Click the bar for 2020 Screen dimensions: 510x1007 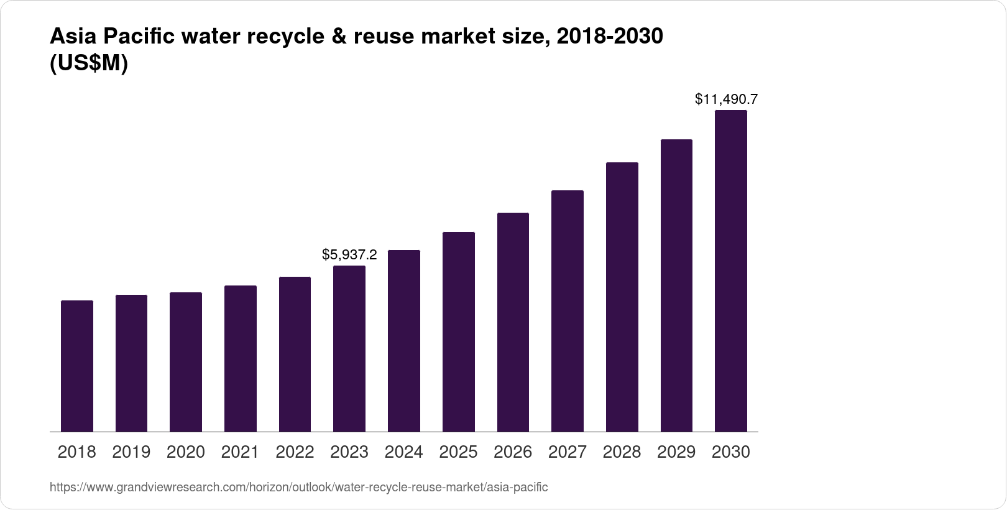[x=186, y=362]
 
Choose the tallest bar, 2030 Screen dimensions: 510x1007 [x=731, y=271]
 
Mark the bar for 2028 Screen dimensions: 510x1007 [x=622, y=297]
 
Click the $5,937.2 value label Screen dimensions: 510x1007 [x=349, y=254]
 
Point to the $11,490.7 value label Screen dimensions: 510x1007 [x=726, y=99]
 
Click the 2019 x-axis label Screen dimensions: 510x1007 [x=131, y=452]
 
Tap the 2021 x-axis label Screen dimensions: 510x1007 [x=240, y=452]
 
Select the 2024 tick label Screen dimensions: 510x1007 [x=403, y=452]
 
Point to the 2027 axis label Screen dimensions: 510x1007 [x=567, y=452]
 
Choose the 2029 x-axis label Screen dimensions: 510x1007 [x=676, y=452]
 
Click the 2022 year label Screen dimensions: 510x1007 [x=295, y=452]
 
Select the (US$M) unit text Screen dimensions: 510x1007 [x=88, y=63]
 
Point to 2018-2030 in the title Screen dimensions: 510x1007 [x=610, y=37]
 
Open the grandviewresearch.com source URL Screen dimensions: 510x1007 [x=298, y=487]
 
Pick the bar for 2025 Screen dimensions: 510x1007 [x=458, y=332]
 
